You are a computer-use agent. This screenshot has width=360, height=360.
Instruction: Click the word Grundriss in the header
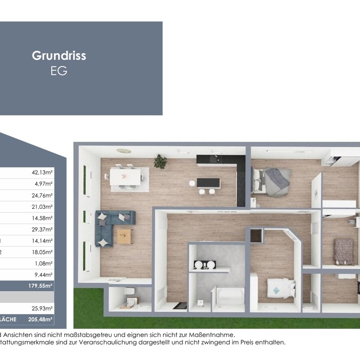point(59,56)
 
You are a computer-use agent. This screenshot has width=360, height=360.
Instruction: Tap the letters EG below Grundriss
point(59,71)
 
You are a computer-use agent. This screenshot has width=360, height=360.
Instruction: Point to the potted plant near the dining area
point(160,161)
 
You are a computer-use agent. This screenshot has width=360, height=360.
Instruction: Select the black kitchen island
point(208,183)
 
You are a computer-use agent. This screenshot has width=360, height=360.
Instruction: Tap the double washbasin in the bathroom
point(203,265)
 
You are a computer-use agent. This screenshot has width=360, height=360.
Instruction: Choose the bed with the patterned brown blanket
point(343,250)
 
